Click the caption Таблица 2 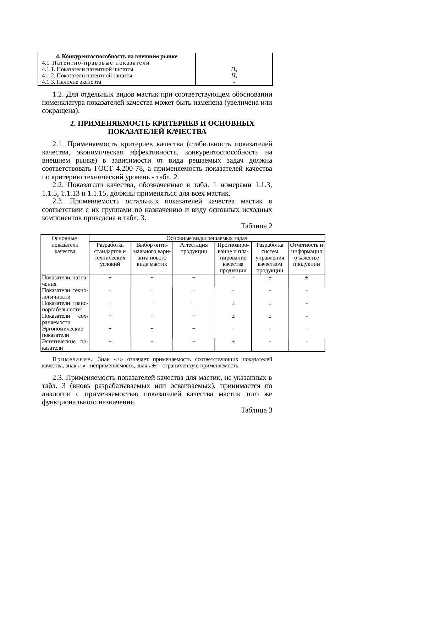pos(256,226)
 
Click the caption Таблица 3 pos(256,410)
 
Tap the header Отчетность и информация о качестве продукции pos(306,255)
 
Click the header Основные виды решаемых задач pos(207,238)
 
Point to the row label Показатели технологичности pos(65,293)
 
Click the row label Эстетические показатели pos(65,344)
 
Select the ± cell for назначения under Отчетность pos(306,278)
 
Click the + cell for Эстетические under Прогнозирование pos(233,341)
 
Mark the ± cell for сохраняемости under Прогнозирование pos(233,316)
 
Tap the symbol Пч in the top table pos(233,69)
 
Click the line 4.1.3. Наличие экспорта pos(71,82)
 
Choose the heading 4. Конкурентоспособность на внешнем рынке pos(117,56)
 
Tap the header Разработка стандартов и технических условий pos(110,255)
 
